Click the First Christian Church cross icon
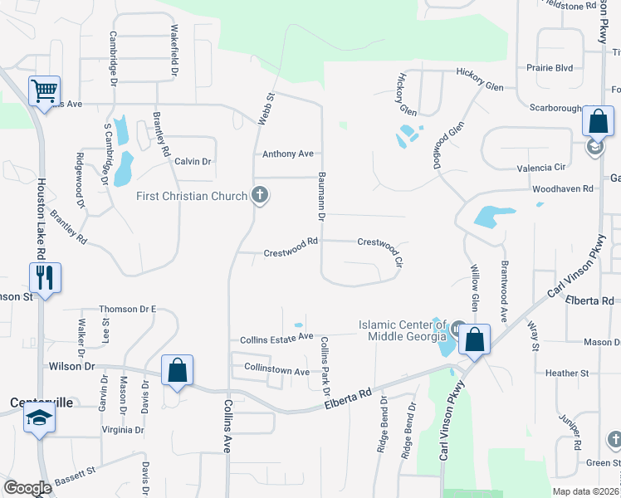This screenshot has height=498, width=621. (260, 197)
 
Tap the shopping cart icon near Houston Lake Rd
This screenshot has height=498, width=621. (44, 90)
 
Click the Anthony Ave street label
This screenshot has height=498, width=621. (288, 154)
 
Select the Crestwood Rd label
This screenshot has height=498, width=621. (291, 252)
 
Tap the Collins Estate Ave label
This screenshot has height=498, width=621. (276, 338)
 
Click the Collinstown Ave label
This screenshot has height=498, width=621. (276, 372)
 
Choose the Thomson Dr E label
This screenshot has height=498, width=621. (128, 310)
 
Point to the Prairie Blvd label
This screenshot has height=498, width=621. (550, 68)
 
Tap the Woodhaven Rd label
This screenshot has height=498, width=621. (566, 189)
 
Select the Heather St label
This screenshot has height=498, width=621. (567, 373)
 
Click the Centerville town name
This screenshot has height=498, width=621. (42, 403)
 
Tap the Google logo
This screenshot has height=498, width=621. (27, 487)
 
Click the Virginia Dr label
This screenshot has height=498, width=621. (122, 431)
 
